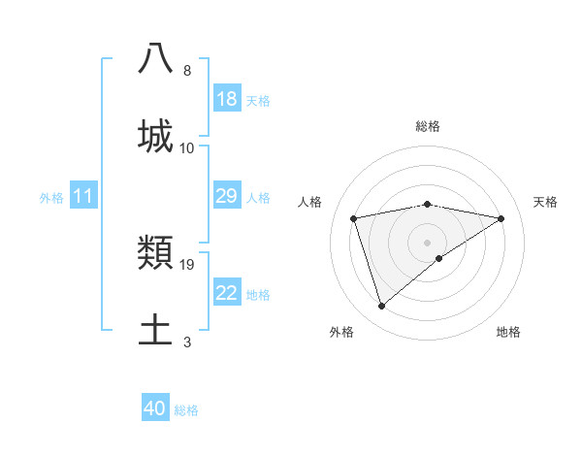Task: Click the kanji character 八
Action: pyautogui.click(x=156, y=59)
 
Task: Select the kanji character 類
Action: pyautogui.click(x=156, y=254)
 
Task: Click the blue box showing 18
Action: pyautogui.click(x=227, y=99)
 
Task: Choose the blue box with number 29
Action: pyautogui.click(x=227, y=196)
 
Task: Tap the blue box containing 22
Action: pyautogui.click(x=227, y=293)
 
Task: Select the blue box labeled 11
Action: pyautogui.click(x=83, y=197)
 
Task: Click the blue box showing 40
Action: pyautogui.click(x=155, y=408)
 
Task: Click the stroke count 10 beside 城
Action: pyautogui.click(x=187, y=147)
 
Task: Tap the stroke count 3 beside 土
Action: pyautogui.click(x=187, y=342)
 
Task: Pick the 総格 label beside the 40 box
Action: pyautogui.click(x=186, y=410)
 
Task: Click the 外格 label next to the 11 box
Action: pyautogui.click(x=51, y=198)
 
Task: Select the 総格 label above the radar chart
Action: pyautogui.click(x=428, y=126)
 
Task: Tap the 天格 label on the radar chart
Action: pyautogui.click(x=546, y=202)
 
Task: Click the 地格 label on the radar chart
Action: pyautogui.click(x=508, y=332)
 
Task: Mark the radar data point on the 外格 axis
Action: pyautogui.click(x=382, y=307)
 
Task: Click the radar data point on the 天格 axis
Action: pyautogui.click(x=501, y=218)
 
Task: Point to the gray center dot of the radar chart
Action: pyautogui.click(x=428, y=242)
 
